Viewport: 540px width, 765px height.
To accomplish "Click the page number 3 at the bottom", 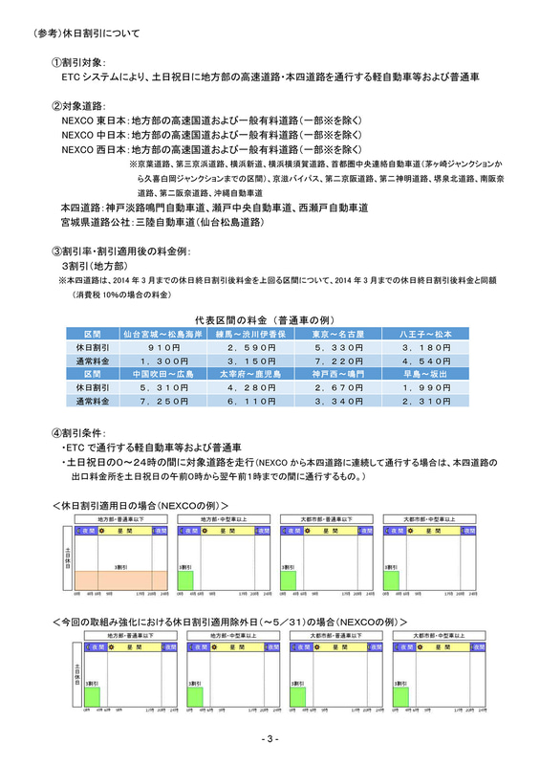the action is (x=270, y=739).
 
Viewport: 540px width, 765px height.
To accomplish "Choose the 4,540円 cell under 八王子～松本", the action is (x=421, y=361).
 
